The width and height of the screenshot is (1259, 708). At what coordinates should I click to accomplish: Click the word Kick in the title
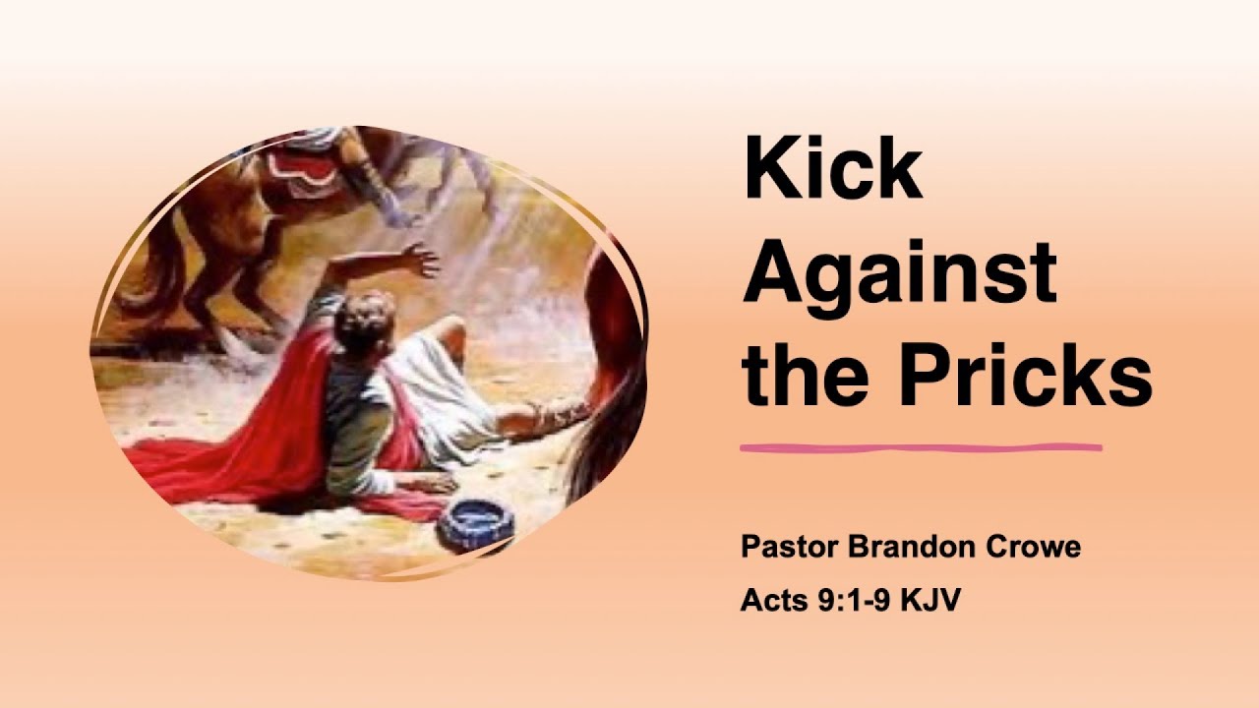[832, 169]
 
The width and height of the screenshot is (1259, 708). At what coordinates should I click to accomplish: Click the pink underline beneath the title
[921, 448]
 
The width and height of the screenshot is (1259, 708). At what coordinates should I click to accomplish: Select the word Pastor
[785, 547]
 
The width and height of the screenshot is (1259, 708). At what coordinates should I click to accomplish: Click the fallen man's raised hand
[421, 261]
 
